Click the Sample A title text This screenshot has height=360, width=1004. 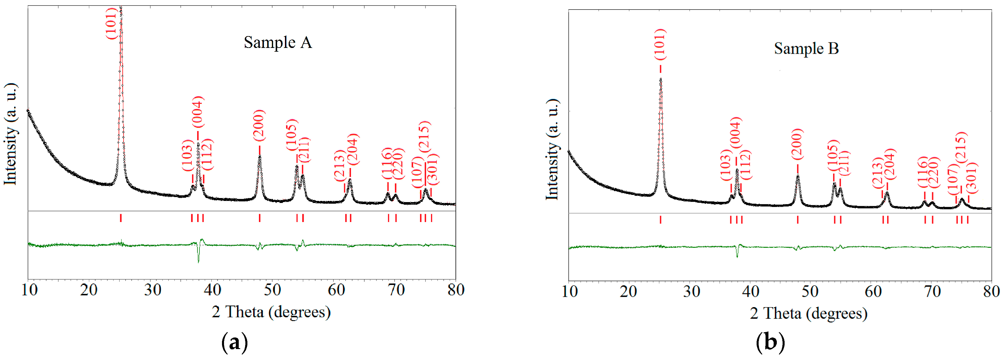[278, 42]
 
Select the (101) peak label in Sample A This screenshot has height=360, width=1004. [111, 23]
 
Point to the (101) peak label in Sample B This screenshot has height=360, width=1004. [660, 44]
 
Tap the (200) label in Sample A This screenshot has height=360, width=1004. [259, 126]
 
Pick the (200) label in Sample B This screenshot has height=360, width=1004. [797, 144]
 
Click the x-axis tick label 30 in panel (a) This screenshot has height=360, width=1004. [152, 290]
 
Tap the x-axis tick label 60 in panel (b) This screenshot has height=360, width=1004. [873, 291]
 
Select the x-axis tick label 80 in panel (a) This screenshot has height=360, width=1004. [456, 290]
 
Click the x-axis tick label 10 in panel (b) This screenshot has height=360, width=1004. [570, 291]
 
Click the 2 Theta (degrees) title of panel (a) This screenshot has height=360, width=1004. [271, 312]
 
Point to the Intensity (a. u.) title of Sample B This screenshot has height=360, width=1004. [552, 150]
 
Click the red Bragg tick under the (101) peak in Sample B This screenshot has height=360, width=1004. [661, 219]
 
